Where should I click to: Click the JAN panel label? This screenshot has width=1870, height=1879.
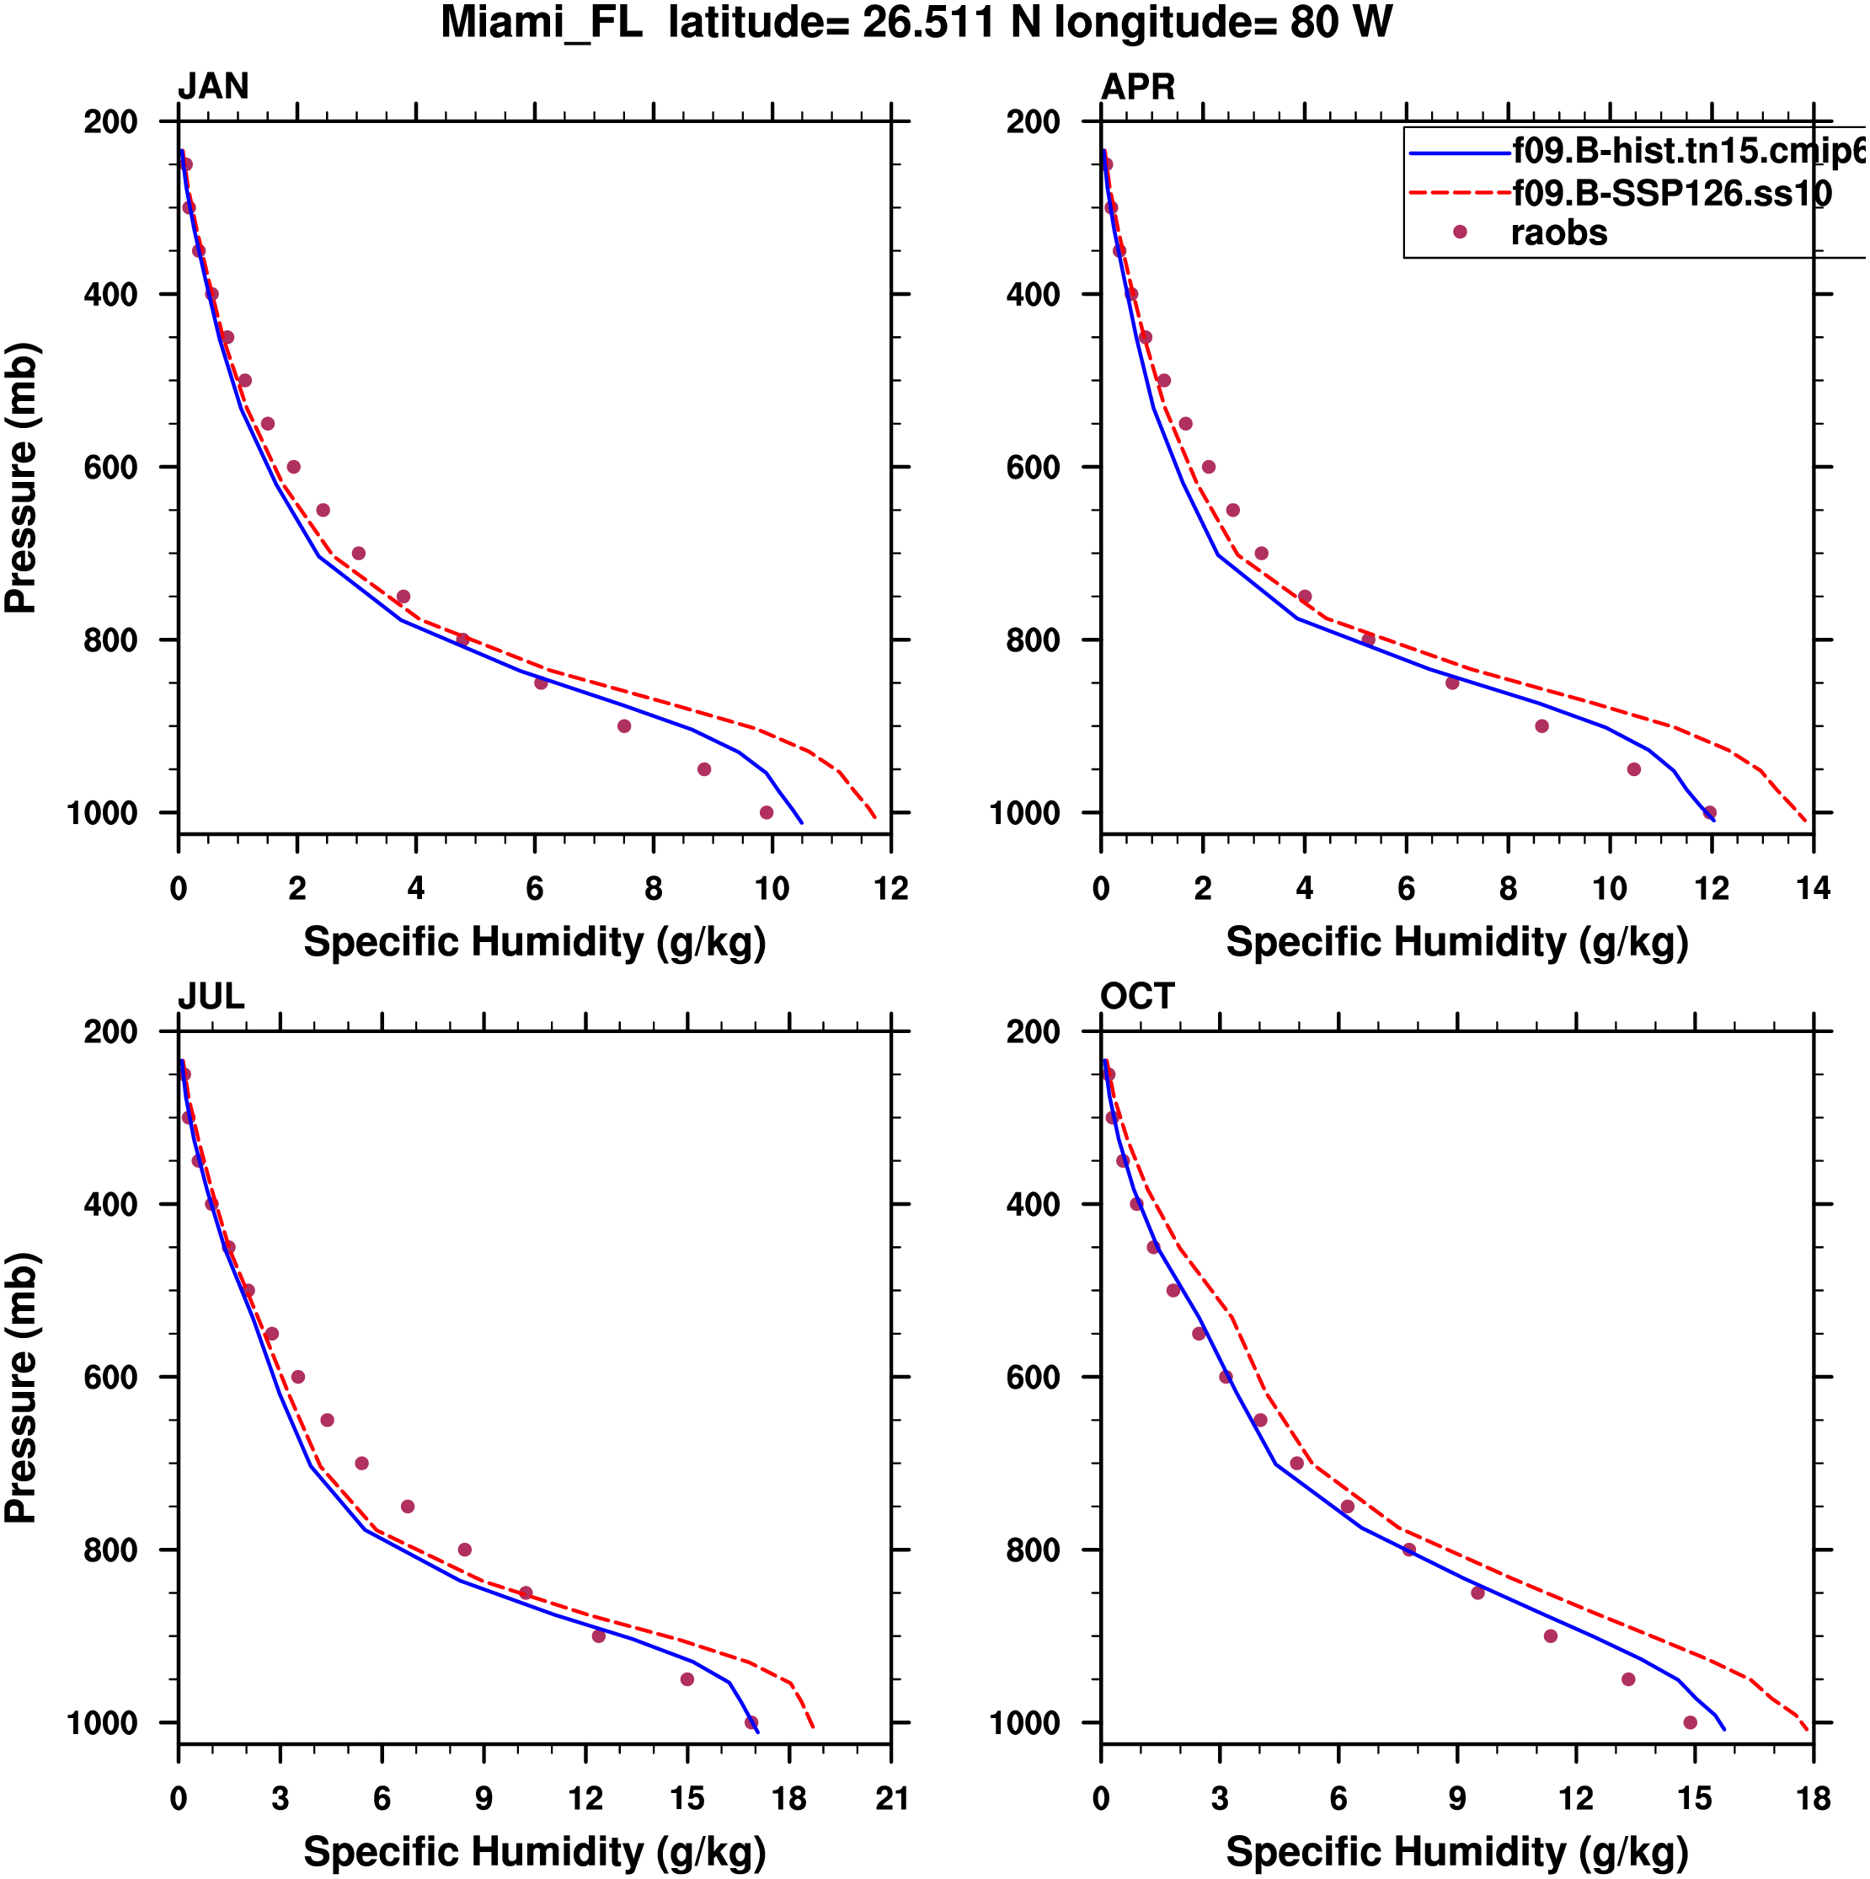pos(213,87)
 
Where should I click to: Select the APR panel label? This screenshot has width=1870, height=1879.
pos(1138,87)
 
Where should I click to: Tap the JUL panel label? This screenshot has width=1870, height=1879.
pos(211,997)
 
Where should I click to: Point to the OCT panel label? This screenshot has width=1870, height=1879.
pos(1138,997)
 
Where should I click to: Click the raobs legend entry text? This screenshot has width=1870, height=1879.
pos(1559,233)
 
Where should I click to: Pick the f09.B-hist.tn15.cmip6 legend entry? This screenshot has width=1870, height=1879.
pos(1688,151)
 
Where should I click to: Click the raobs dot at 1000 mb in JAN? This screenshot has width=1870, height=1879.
pos(767,813)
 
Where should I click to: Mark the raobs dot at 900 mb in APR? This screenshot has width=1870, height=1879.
pos(1541,726)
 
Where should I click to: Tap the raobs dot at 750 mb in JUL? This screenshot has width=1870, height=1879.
pos(408,1507)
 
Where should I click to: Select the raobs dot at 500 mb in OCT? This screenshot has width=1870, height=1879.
pos(1173,1291)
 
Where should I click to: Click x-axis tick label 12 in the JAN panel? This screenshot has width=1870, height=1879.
pos(890,889)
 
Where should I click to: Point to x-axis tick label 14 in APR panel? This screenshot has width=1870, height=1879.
pos(1814,889)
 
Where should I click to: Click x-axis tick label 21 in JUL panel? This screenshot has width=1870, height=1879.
pos(890,1799)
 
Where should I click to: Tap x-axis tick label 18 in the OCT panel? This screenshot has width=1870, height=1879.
pos(1814,1799)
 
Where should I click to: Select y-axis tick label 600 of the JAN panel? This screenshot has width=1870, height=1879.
pos(111,468)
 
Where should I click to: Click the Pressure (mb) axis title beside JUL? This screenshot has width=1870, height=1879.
pos(21,1389)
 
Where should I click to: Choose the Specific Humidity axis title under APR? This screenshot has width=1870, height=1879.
pos(1456,942)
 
